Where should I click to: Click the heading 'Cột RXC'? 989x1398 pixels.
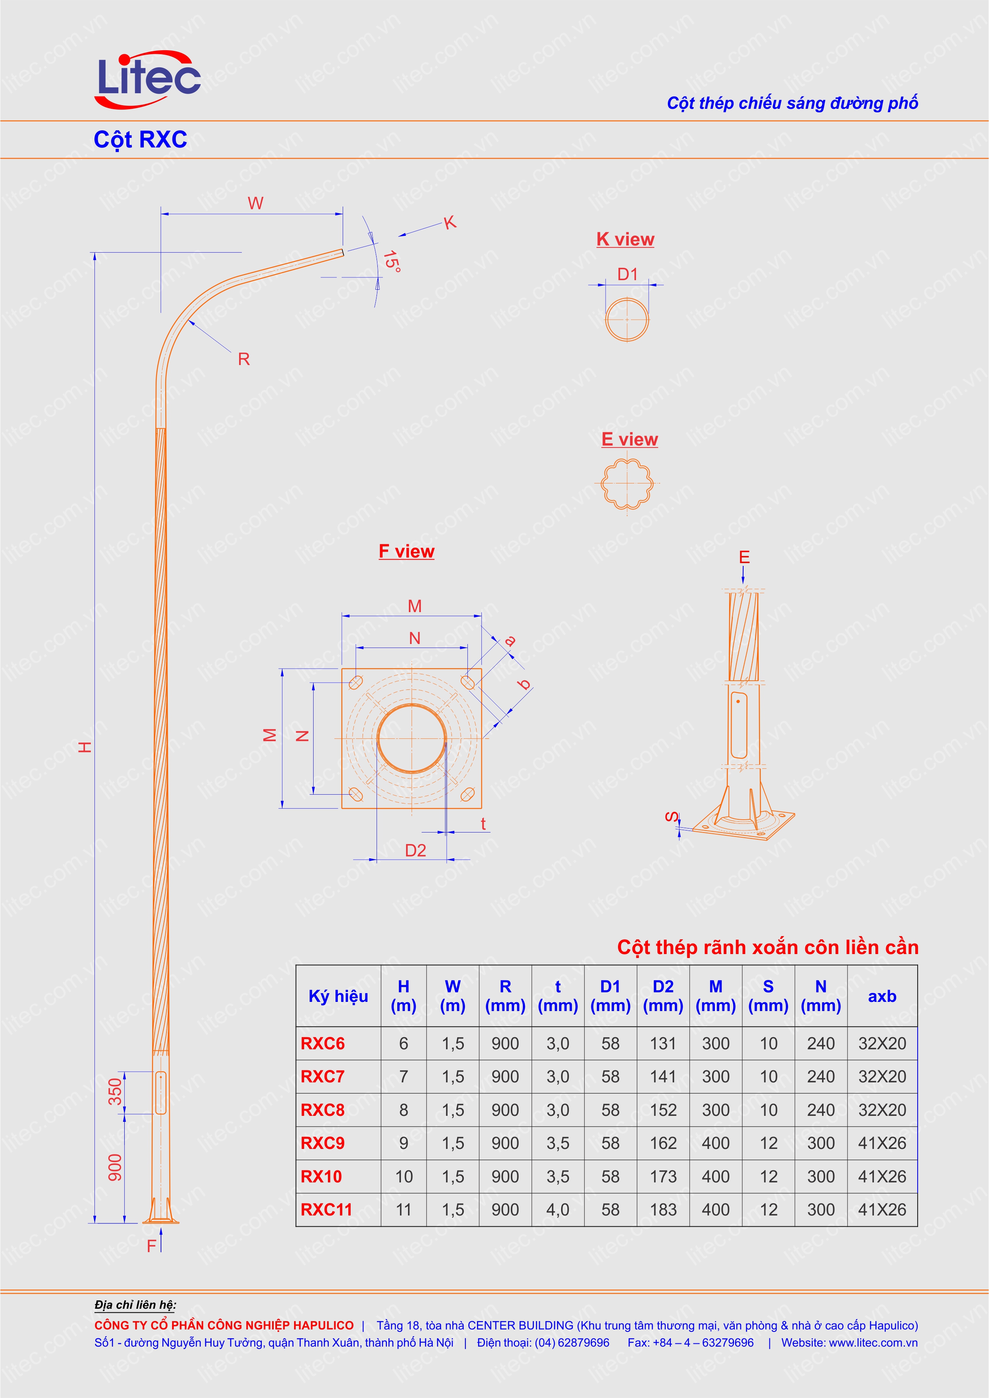(x=140, y=139)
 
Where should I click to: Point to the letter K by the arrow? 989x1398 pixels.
(x=449, y=222)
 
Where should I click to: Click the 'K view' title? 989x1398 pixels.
(x=625, y=239)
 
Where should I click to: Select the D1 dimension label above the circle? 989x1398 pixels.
(x=627, y=275)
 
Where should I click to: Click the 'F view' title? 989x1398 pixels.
(x=406, y=551)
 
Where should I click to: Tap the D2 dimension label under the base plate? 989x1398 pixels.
(x=415, y=850)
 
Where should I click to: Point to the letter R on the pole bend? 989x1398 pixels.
(x=243, y=359)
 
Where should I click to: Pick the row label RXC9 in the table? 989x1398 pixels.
(x=323, y=1143)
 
